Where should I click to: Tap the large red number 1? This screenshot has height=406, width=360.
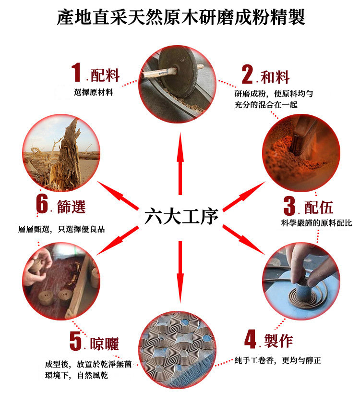pyautogui.click(x=76, y=72)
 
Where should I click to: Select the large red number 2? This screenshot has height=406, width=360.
pyautogui.click(x=248, y=74)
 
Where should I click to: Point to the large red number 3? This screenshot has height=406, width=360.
pyautogui.click(x=289, y=206)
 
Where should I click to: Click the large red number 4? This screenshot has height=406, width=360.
pyautogui.click(x=251, y=339)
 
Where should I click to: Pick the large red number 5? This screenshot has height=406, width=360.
pyautogui.click(x=75, y=341)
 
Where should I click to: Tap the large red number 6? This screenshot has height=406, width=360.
pyautogui.click(x=42, y=204)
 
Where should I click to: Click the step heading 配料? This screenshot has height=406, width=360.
pyautogui.click(x=105, y=75)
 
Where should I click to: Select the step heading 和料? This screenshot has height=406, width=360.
pyautogui.click(x=275, y=77)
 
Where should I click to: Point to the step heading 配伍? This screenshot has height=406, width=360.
pyautogui.click(x=318, y=208)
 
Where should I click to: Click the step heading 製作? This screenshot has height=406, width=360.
pyautogui.click(x=278, y=341)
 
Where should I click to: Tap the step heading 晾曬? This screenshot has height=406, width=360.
pyautogui.click(x=104, y=344)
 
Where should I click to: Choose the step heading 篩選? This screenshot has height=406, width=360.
pyautogui.click(x=71, y=207)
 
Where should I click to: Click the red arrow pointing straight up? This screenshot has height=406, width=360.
pyautogui.click(x=180, y=163)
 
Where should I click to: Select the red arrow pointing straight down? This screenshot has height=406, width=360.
pyautogui.click(x=180, y=272)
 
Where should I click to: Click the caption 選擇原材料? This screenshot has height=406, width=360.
pyautogui.click(x=94, y=92)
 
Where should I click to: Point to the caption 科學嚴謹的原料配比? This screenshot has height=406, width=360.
pyautogui.click(x=316, y=223)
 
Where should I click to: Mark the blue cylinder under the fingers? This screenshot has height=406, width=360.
pyautogui.click(x=301, y=288)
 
